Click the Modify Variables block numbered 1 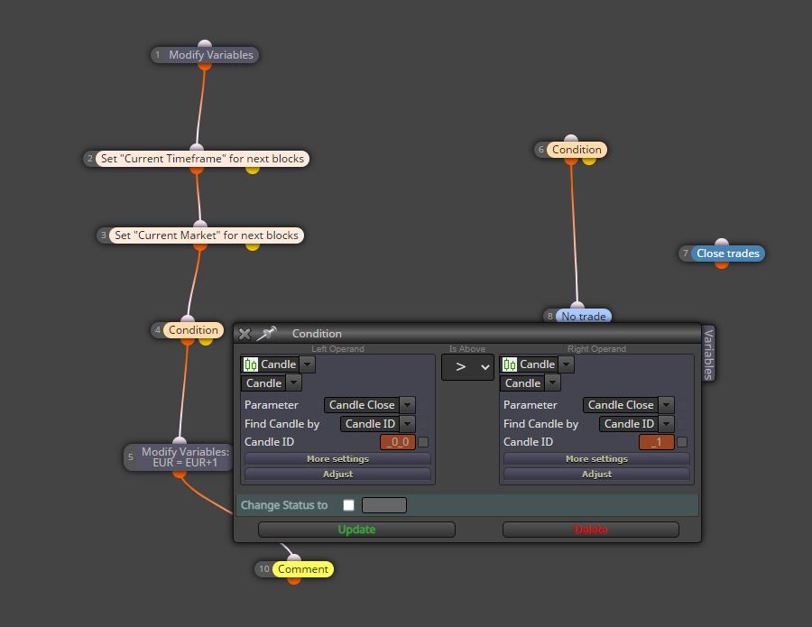[205, 55]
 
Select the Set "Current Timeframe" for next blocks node [197, 159]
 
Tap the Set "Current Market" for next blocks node [200, 235]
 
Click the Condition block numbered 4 [188, 330]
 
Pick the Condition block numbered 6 [571, 150]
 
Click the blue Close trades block [722, 254]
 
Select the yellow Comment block [294, 569]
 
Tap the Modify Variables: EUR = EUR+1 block [180, 457]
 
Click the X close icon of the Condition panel [245, 334]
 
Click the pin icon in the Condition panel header [266, 334]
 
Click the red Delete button [590, 530]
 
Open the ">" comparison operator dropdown [467, 367]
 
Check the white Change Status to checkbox [348, 505]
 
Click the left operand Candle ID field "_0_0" [398, 442]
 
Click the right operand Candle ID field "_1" [657, 442]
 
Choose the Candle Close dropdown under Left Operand [369, 405]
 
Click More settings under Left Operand [337, 458]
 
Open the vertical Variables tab [708, 354]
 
